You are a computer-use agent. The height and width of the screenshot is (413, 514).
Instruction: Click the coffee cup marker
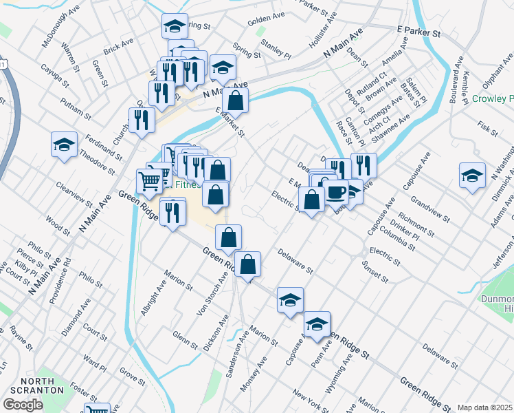(336, 192)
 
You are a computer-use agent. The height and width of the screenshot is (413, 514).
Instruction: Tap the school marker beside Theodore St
(64, 145)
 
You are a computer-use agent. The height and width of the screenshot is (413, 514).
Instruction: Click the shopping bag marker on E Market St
(235, 100)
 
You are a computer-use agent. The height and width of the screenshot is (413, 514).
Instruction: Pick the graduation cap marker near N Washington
(472, 175)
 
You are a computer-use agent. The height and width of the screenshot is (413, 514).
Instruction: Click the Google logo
(23, 405)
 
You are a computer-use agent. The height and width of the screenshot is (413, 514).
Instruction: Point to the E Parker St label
(418, 32)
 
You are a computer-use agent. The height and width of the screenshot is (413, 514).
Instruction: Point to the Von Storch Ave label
(212, 293)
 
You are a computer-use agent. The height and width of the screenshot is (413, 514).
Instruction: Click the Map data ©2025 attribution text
(485, 407)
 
